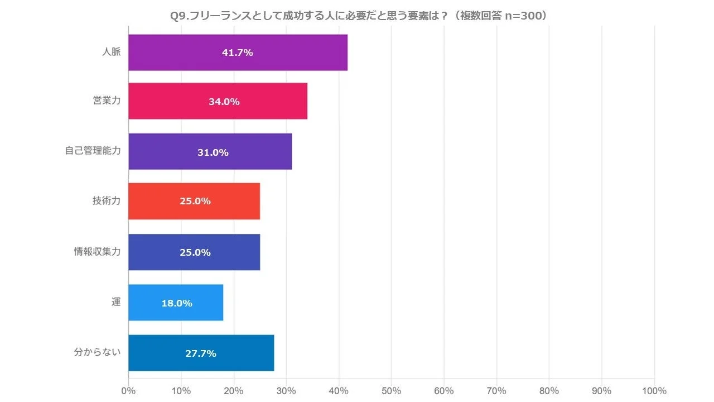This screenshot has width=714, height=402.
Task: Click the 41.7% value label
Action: coord(238,52)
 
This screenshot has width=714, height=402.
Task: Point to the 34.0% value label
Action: coord(224,102)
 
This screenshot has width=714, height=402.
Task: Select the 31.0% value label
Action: coord(213,152)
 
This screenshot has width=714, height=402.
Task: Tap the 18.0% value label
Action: coord(177,303)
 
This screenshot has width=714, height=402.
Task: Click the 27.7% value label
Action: coord(201,353)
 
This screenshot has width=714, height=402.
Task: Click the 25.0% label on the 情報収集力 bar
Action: coord(195,252)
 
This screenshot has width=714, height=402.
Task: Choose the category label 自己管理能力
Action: coord(93,151)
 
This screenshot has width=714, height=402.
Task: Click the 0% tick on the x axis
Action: coord(129,391)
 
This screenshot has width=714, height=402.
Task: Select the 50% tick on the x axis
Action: coord(392,391)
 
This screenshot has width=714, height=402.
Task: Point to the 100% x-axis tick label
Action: coord(654,391)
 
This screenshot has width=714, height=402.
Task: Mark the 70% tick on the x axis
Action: coord(496,391)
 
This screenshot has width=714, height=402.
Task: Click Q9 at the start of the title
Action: coord(178,16)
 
